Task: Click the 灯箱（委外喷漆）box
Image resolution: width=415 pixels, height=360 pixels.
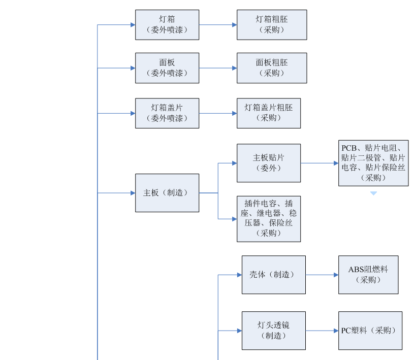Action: click(x=167, y=24)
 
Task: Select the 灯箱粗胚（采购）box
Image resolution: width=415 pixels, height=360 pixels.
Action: click(x=272, y=24)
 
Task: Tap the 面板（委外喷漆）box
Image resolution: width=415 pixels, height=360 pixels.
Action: click(x=167, y=68)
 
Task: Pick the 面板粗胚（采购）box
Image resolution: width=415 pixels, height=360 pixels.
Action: click(x=272, y=68)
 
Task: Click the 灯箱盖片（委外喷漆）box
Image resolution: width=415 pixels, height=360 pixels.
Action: click(x=167, y=113)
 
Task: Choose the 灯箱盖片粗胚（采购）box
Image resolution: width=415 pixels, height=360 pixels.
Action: click(x=269, y=113)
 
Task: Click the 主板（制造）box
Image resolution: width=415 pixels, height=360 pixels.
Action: click(x=167, y=193)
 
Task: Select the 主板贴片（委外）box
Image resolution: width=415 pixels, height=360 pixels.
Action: click(x=269, y=163)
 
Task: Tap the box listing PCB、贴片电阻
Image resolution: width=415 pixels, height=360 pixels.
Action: click(x=373, y=163)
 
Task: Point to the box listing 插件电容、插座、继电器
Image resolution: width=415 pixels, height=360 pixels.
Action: click(x=269, y=219)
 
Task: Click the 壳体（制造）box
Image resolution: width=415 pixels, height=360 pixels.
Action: click(x=274, y=275)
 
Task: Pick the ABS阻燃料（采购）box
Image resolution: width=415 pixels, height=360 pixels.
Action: click(x=368, y=275)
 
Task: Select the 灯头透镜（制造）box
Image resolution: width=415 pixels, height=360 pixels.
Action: click(x=274, y=331)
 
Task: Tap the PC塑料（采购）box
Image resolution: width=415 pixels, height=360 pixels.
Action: click(x=370, y=331)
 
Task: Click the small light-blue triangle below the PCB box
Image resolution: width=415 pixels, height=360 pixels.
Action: click(x=373, y=193)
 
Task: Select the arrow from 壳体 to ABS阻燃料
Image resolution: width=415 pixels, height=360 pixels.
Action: click(x=322, y=275)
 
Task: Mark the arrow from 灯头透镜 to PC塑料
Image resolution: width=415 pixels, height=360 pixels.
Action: click(x=322, y=331)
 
